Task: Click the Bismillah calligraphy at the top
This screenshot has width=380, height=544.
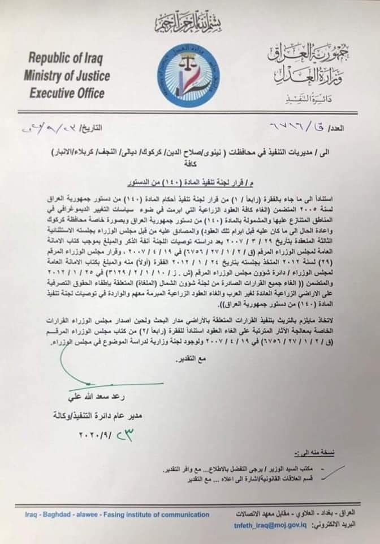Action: click(189, 23)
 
